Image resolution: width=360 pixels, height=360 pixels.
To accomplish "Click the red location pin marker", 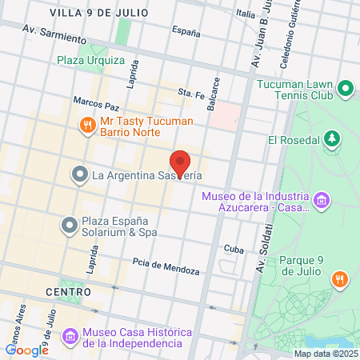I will pos(180,163).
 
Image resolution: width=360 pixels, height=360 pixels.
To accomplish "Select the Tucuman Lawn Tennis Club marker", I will pos(346,88).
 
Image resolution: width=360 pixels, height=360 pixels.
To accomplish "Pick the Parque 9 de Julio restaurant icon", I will pos(339,278).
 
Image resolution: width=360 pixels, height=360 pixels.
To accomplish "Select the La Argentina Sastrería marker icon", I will pos(79,174).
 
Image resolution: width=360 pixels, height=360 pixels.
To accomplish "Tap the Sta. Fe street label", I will pos(192,92).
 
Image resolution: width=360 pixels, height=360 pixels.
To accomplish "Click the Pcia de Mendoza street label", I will pos(166,269).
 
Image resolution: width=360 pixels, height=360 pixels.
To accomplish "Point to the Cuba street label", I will pos(233,249).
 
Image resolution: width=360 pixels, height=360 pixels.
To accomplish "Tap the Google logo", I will pos(26,350).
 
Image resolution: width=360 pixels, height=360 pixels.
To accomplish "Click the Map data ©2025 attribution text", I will pos(325,354).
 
